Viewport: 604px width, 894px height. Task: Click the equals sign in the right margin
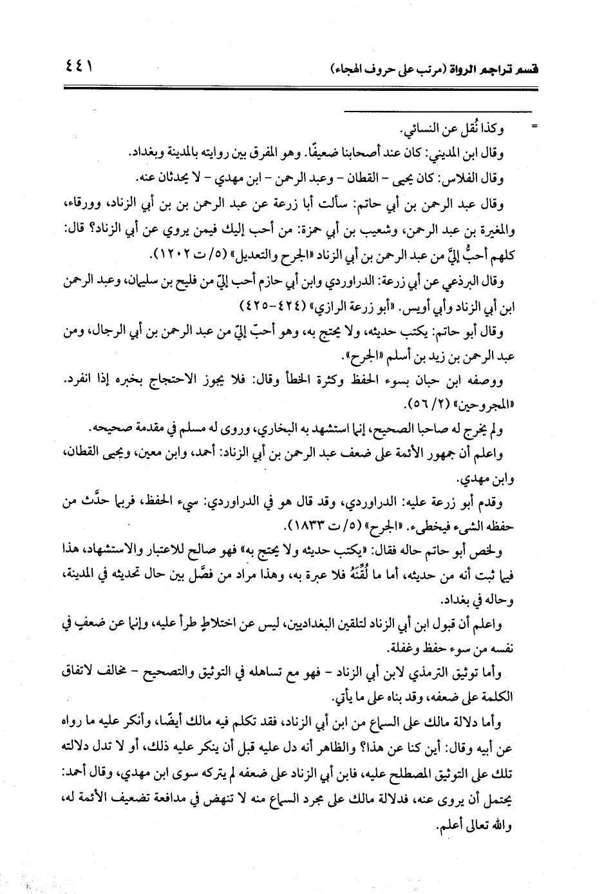click(x=532, y=128)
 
